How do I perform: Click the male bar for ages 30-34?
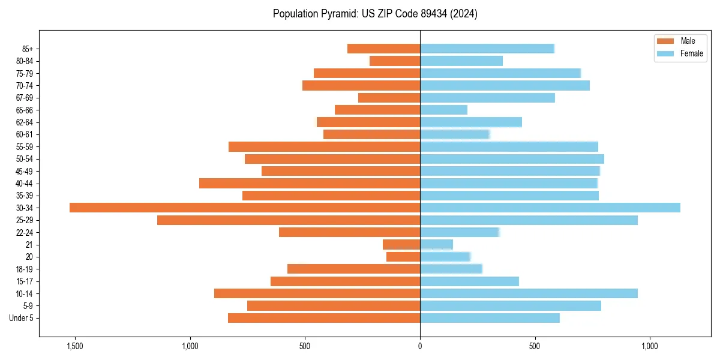(245, 208)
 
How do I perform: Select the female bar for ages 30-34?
(550, 208)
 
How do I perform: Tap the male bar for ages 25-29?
(289, 220)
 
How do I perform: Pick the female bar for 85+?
(487, 49)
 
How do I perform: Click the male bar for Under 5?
(324, 318)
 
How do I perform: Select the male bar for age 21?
(401, 245)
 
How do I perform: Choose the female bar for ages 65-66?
(443, 110)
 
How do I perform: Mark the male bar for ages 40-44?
(310, 183)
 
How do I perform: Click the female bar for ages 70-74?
(505, 85)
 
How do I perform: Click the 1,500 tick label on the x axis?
(75, 347)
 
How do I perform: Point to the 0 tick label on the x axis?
(420, 347)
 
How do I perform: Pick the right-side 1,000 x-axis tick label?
(650, 347)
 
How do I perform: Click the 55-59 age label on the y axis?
(24, 146)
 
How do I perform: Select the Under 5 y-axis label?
(22, 318)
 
